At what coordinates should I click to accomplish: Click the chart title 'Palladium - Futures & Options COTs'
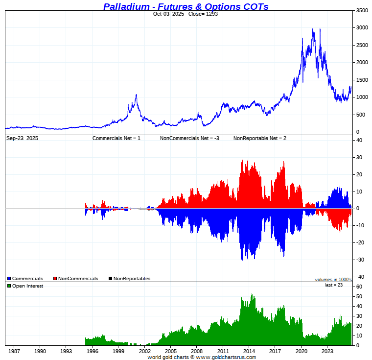186,6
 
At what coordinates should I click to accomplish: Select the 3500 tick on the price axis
362,10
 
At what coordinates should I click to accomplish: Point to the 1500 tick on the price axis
362,80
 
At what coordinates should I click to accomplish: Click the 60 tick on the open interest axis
359,287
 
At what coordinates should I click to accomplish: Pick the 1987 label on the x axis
14,351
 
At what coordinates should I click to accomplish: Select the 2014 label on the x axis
249,351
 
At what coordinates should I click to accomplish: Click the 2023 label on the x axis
327,351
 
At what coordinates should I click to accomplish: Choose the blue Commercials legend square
9,279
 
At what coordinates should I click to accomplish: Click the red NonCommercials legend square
55,279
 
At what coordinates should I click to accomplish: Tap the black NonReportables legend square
111,279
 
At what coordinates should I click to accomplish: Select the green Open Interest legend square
9,286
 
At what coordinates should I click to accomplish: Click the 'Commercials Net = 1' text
116,139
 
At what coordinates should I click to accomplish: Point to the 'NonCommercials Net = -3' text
189,139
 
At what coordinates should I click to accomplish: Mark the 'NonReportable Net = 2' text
259,139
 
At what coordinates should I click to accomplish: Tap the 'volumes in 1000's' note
333,280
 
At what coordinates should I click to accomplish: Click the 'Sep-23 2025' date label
22,139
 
